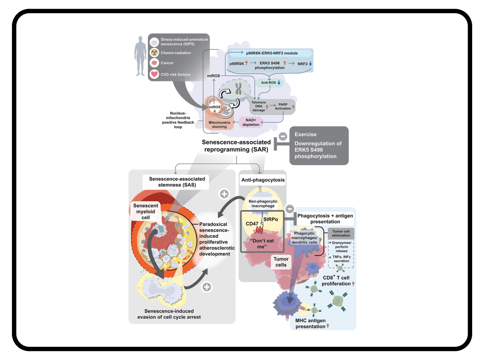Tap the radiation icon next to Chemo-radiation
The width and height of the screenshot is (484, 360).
(x=154, y=53)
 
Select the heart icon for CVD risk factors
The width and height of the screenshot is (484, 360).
(x=154, y=74)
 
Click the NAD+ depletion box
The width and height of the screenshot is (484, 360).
(x=251, y=122)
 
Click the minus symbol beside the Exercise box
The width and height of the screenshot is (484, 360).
(x=283, y=136)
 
